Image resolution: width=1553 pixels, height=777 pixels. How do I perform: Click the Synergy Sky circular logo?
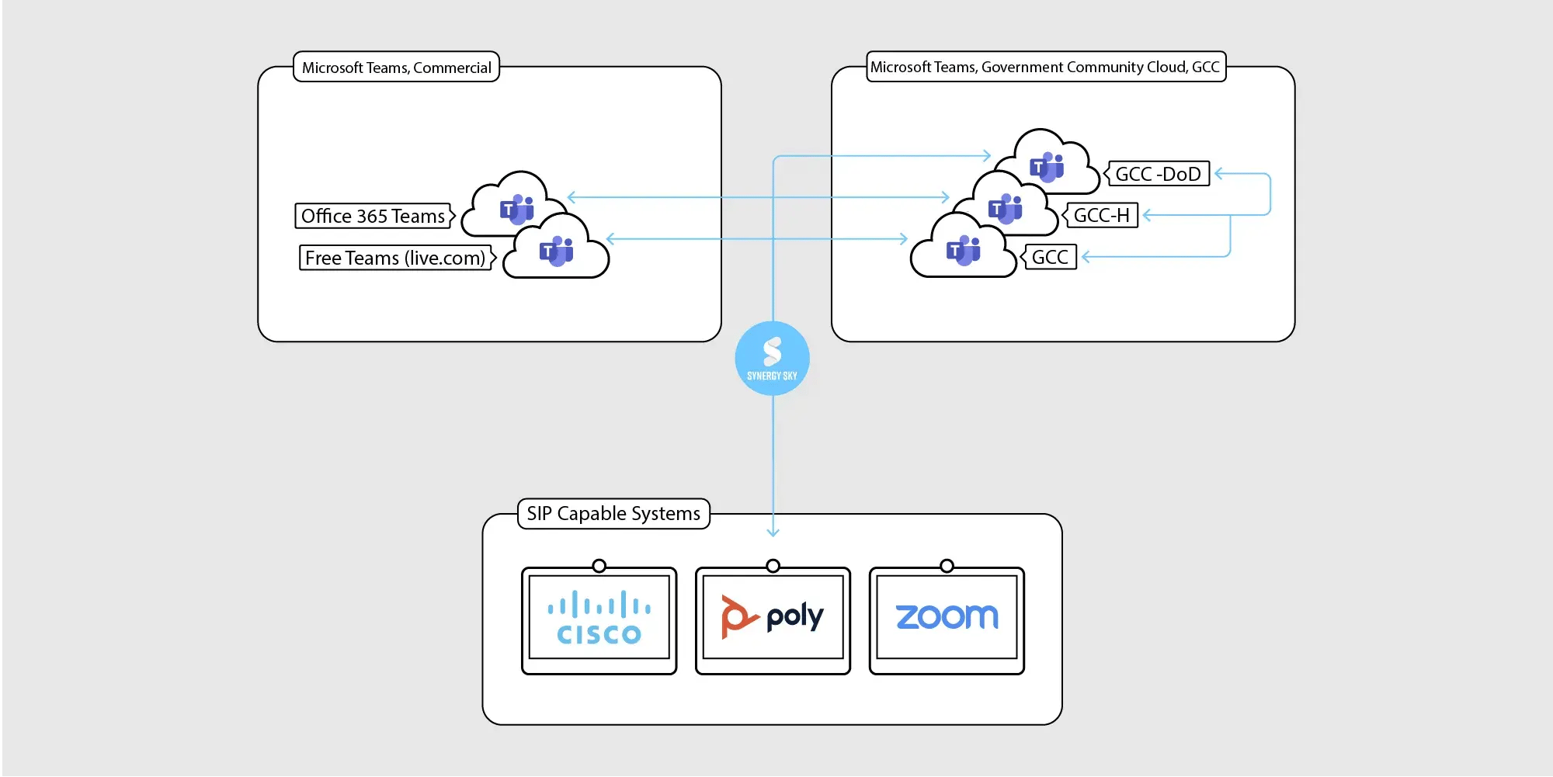click(x=772, y=358)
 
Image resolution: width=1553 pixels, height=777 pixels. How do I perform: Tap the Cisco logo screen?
click(x=599, y=618)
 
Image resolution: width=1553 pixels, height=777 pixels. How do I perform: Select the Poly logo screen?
click(x=773, y=618)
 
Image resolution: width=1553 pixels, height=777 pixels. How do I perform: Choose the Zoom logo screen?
click(x=947, y=618)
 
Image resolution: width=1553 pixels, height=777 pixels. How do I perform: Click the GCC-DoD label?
click(x=1158, y=174)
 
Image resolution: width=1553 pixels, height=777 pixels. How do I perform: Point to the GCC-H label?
click(x=1101, y=215)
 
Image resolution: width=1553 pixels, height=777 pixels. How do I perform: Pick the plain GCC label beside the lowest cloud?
click(x=1050, y=257)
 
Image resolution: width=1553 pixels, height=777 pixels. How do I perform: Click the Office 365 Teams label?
click(x=373, y=216)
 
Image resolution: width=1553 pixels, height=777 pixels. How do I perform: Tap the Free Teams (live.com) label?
click(x=395, y=258)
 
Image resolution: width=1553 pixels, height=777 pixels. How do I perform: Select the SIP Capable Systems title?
click(x=613, y=514)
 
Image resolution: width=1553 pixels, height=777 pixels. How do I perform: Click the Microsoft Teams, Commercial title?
click(x=396, y=68)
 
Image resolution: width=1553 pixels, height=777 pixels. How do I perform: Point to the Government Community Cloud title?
click(x=1045, y=67)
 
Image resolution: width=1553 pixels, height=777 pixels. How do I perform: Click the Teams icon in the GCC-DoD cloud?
click(x=1047, y=167)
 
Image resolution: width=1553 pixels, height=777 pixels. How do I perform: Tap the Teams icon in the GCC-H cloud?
click(x=1005, y=208)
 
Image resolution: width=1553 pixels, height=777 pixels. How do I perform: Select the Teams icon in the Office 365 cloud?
click(x=517, y=210)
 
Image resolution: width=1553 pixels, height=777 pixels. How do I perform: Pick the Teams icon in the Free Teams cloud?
click(x=556, y=251)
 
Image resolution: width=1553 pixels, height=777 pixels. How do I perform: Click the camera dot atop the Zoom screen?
click(x=947, y=566)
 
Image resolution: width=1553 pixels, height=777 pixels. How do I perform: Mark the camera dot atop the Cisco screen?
click(x=599, y=566)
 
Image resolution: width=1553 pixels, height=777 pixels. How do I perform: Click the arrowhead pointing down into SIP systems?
click(x=773, y=532)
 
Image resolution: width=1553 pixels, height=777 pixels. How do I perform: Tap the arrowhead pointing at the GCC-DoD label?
click(x=1218, y=174)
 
